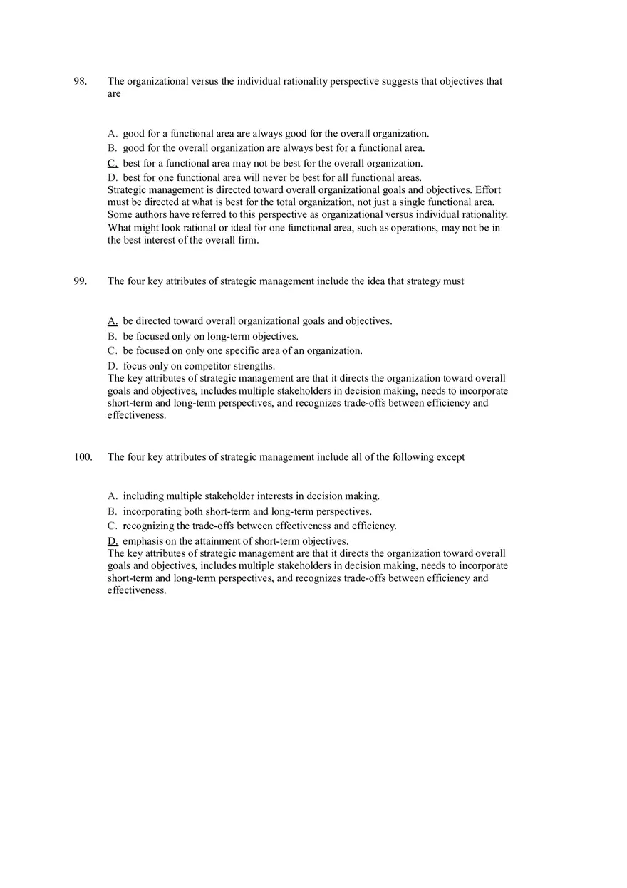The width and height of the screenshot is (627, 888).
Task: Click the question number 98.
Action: point(80,81)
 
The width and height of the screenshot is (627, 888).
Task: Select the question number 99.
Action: point(80,281)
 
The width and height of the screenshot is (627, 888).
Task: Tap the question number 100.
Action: point(83,457)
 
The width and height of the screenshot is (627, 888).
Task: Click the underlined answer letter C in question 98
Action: point(113,163)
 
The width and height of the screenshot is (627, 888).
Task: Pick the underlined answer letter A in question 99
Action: point(113,321)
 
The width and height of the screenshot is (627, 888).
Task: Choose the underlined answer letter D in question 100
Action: point(113,541)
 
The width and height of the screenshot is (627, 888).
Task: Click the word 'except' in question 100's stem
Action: point(450,457)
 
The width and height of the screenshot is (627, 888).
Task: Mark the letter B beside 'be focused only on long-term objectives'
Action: point(112,336)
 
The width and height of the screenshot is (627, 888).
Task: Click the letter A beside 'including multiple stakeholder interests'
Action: point(112,496)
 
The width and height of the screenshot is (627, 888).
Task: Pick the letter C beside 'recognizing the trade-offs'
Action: point(112,526)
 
